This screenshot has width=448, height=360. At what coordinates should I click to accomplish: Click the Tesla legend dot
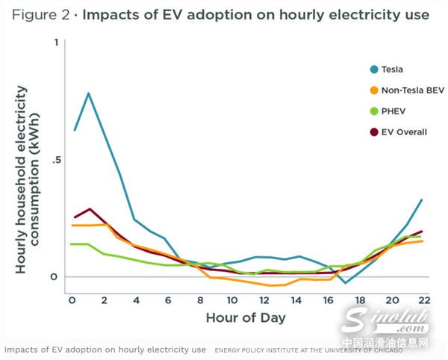[374, 69]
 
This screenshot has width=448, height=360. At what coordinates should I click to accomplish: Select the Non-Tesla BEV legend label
[413, 90]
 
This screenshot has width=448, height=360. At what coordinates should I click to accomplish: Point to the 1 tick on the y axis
[55, 43]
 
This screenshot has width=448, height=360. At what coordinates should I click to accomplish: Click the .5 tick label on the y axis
[52, 160]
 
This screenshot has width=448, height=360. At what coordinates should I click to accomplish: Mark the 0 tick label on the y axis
[53, 277]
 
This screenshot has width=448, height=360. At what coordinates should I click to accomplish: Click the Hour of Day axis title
[246, 317]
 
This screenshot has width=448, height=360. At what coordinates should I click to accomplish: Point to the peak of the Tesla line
[89, 93]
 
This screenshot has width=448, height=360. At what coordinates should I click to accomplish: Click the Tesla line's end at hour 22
[422, 200]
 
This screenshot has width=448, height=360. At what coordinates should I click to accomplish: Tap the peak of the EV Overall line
[90, 209]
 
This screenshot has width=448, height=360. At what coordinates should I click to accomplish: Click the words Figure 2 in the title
[38, 14]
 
